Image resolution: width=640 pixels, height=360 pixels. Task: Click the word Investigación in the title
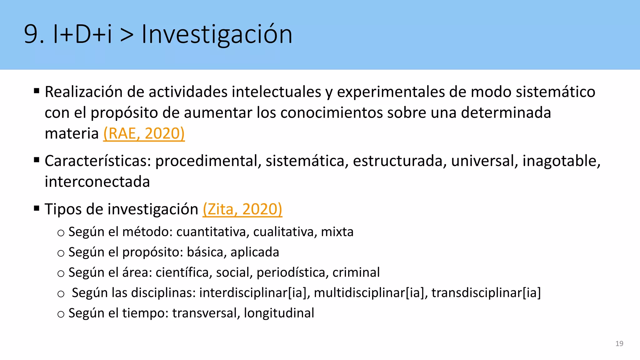217,34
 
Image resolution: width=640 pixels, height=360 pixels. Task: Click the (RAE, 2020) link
144,133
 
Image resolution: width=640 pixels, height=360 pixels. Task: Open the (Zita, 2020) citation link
242,209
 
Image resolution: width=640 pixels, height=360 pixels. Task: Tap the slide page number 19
619,343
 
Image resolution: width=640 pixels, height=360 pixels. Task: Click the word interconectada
97,182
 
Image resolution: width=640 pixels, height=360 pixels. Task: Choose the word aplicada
255,252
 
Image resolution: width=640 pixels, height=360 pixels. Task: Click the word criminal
356,272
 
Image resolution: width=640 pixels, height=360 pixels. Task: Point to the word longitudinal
279,313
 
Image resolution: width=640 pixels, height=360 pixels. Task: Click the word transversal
206,313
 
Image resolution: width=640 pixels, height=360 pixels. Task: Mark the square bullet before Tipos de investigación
37,208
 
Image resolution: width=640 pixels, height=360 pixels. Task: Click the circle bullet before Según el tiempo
61,314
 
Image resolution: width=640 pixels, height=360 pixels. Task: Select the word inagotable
561,161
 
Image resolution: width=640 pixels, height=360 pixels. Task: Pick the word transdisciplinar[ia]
486,293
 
